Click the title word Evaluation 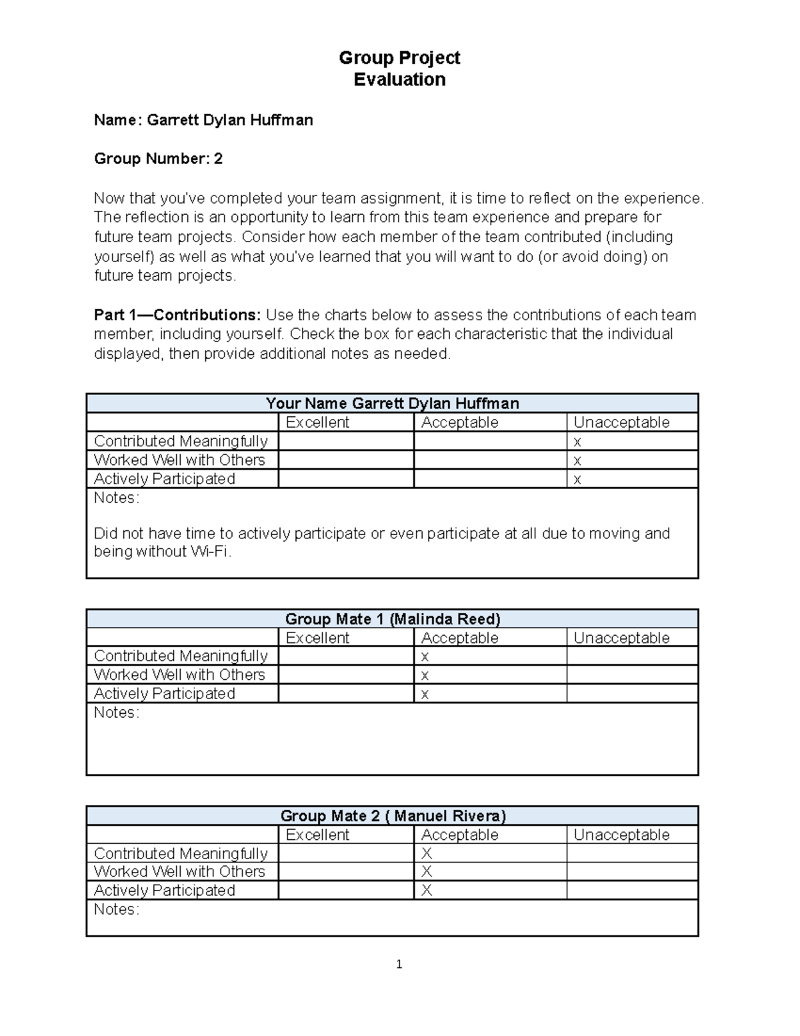[x=399, y=79]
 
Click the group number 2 [x=217, y=159]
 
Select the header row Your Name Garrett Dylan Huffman [x=392, y=403]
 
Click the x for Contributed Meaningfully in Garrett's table [x=577, y=442]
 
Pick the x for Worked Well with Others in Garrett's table [x=577, y=460]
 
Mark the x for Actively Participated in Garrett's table [x=577, y=479]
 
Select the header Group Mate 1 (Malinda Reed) [x=392, y=618]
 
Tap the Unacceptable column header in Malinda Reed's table [x=621, y=638]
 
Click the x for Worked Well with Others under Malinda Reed [x=425, y=675]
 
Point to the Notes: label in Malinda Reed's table [x=116, y=712]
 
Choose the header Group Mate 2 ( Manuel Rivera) [x=393, y=815]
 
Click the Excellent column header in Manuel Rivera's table [x=317, y=835]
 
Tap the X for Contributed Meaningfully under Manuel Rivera [x=427, y=853]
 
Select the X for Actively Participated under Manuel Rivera [x=427, y=891]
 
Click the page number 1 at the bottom [x=399, y=964]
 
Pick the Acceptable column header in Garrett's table [x=459, y=422]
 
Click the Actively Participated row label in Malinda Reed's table [x=164, y=694]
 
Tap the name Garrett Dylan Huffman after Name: [x=229, y=120]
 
